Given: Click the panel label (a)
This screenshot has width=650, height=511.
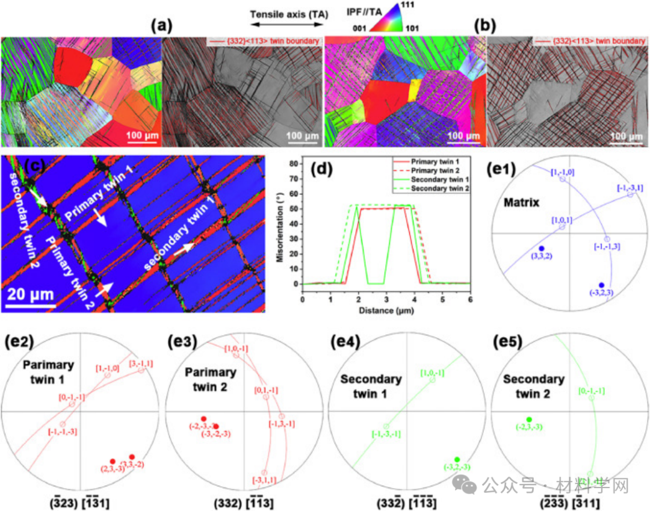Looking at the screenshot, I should (162, 26).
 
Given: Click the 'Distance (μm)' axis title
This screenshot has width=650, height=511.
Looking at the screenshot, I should (386, 311).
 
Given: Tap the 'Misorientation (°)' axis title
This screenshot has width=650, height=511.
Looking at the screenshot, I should (278, 223).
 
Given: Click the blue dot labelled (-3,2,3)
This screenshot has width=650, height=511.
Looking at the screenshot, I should (601, 285).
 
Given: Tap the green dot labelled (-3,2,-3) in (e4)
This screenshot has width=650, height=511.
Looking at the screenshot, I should (457, 460).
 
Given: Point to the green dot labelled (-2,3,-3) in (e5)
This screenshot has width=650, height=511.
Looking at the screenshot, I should (529, 420).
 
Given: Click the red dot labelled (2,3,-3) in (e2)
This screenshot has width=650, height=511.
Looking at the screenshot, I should (113, 461).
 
